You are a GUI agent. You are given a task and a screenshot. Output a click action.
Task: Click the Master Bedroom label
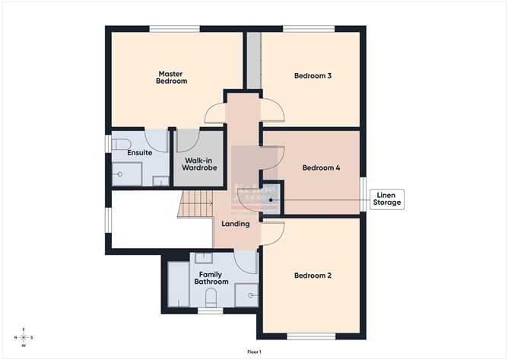pyautogui.click(x=171, y=77)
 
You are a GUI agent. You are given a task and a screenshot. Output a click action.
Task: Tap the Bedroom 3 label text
pyautogui.click(x=313, y=76)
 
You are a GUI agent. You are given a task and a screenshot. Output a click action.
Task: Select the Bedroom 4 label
pyautogui.click(x=321, y=168)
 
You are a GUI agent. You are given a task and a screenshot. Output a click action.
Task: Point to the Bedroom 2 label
pyautogui.click(x=313, y=276)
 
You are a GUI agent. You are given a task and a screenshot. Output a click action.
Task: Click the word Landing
pyautogui.click(x=236, y=224)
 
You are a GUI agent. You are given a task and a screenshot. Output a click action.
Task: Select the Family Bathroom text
pyautogui.click(x=211, y=277)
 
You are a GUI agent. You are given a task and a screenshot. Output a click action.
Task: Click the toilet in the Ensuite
pyautogui.click(x=120, y=144)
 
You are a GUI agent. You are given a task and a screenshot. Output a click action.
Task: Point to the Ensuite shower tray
pyautogui.click(x=127, y=174)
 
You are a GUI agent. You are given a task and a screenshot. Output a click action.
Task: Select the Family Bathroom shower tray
pyautogui.click(x=246, y=295)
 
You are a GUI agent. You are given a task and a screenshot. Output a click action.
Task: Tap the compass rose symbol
pyautogui.click(x=24, y=337)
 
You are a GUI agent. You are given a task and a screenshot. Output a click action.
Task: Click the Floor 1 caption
pyautogui.click(x=254, y=352)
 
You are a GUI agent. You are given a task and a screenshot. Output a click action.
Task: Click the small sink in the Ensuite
pyautogui.click(x=160, y=181)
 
